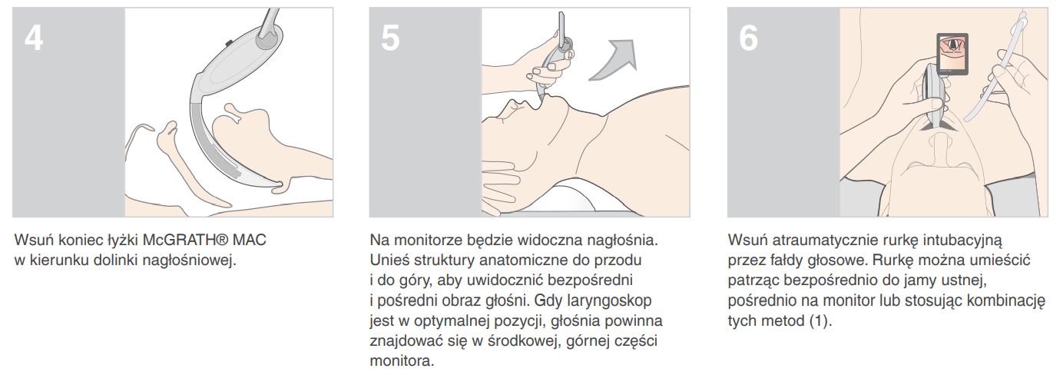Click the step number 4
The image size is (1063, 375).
[x=34, y=38]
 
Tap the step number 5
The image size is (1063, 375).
[x=390, y=38]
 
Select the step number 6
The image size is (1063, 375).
[x=748, y=38]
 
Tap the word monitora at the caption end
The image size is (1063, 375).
[x=402, y=360]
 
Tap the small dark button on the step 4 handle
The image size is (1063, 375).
[x=229, y=43]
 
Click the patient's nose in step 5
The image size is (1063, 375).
[x=515, y=105]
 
